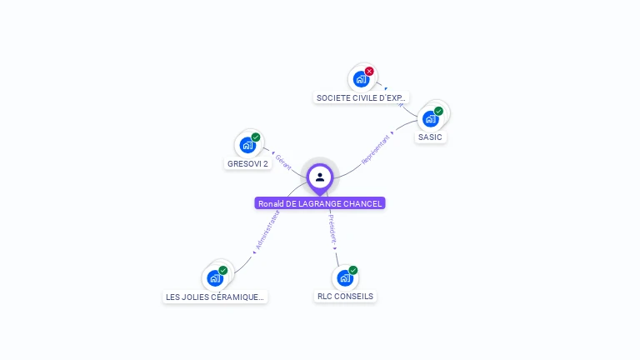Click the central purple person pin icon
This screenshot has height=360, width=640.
tap(320, 177)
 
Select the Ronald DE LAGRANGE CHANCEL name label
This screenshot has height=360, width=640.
tap(320, 203)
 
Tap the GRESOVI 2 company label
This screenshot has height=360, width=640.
tap(247, 164)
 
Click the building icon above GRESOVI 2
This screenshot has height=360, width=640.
tap(247, 145)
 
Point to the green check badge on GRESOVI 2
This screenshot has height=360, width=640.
tap(256, 137)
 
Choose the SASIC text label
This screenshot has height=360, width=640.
tap(430, 137)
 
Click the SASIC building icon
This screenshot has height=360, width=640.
tap(431, 118)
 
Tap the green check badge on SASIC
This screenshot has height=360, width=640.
tap(439, 111)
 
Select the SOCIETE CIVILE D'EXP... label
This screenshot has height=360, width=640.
tap(362, 98)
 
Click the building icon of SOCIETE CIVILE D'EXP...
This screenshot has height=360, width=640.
tap(361, 79)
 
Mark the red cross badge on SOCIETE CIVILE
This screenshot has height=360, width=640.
tap(369, 71)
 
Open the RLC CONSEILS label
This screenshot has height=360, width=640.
tap(346, 297)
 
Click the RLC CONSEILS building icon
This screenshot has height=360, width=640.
tap(345, 277)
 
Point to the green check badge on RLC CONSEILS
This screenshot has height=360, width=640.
tap(353, 270)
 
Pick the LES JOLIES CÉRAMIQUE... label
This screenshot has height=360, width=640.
tap(215, 297)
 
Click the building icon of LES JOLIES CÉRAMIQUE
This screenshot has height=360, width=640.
tap(215, 277)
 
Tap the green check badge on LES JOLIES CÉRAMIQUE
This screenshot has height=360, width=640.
tap(223, 270)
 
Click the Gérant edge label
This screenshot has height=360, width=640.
tap(283, 162)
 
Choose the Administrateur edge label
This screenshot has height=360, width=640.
tap(267, 231)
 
